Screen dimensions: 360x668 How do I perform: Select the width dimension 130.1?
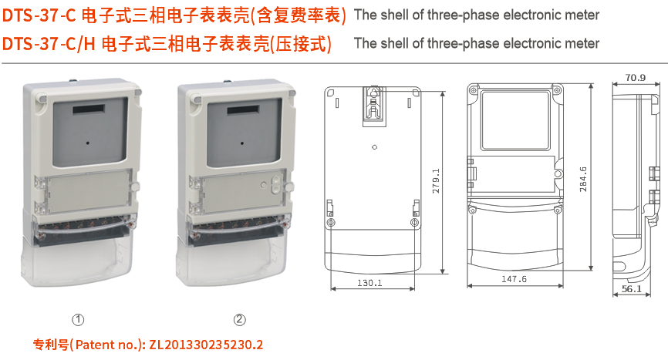[x=370, y=283]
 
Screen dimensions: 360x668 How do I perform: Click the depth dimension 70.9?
[x=636, y=77]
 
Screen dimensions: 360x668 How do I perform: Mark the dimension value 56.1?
[x=632, y=289]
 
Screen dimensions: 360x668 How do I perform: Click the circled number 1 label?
[x=78, y=319]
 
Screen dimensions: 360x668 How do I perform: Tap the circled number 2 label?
[x=240, y=319]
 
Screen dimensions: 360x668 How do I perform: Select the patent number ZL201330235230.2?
[x=207, y=345]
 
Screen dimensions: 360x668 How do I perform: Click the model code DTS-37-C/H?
[x=49, y=44]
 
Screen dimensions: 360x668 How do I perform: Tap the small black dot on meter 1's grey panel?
[x=88, y=143]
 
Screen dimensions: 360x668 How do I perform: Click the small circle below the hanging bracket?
[x=374, y=146]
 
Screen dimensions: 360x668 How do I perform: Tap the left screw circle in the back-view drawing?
[x=331, y=223]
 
